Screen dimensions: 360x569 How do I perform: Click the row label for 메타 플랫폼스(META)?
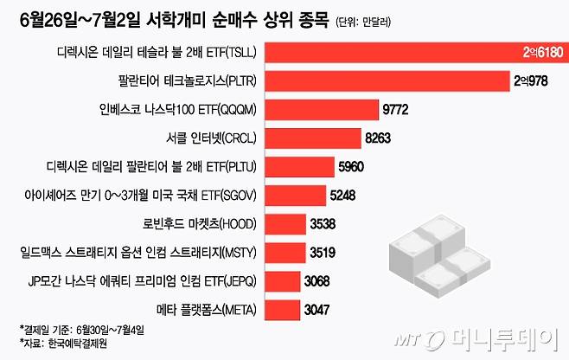(192, 309)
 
